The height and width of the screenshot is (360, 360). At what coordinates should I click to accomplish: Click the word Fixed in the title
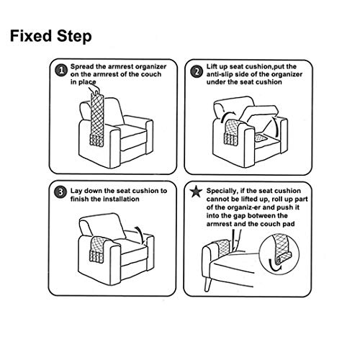click(31, 36)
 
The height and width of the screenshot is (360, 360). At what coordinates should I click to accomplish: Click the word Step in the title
click(74, 37)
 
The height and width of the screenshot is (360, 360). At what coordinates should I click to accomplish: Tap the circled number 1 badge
click(60, 71)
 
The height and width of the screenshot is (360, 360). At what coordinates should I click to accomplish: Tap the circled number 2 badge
click(197, 71)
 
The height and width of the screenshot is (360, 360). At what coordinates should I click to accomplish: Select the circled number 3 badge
click(60, 192)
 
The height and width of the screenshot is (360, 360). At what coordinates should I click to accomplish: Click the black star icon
click(196, 192)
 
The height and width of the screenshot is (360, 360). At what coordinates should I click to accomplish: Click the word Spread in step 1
click(82, 67)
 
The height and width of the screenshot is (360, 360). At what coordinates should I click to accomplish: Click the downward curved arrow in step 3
click(140, 233)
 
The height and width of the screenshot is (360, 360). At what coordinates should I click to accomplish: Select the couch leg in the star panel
click(208, 284)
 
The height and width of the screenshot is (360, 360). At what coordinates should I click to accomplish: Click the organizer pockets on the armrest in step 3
click(96, 257)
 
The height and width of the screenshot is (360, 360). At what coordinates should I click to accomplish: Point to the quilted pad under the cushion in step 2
click(261, 138)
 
